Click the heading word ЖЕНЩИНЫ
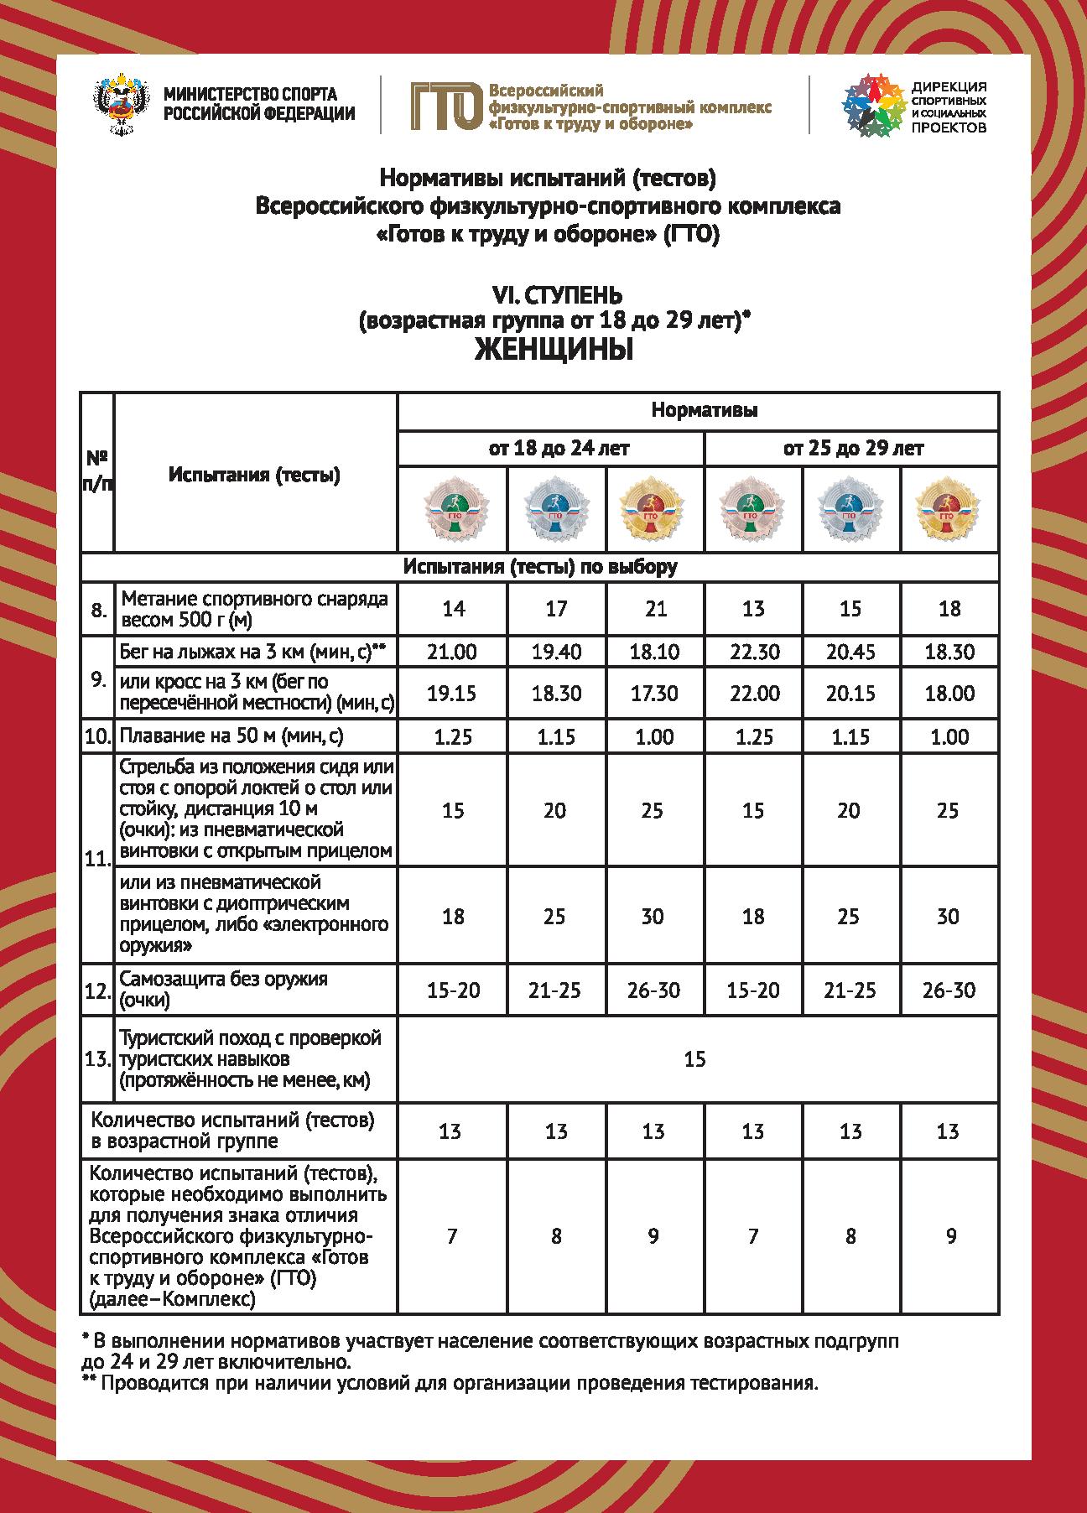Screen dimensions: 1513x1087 point(554,350)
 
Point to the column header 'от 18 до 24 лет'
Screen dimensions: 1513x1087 point(559,449)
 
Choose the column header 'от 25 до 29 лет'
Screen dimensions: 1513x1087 point(854,449)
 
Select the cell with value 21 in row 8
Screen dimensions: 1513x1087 point(655,609)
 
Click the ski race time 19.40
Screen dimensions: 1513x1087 point(556,652)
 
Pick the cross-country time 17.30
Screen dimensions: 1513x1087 point(654,694)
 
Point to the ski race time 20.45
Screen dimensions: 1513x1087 point(850,652)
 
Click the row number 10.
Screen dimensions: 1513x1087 point(98,736)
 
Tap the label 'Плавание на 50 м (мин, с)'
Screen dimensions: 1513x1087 point(232,736)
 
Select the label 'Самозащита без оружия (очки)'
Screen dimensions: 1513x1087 point(224,990)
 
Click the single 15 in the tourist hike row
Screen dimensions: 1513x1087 point(694,1059)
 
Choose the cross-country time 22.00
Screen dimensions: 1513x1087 point(753,694)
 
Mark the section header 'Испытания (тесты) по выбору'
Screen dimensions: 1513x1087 point(540,566)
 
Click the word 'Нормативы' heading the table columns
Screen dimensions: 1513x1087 point(705,411)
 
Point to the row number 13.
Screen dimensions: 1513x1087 point(98,1059)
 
